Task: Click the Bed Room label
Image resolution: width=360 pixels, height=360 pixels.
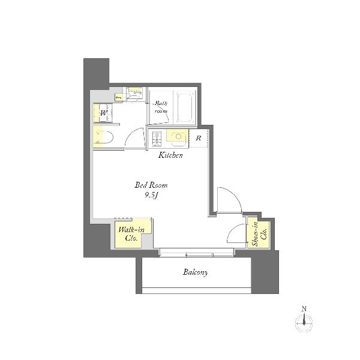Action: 151,185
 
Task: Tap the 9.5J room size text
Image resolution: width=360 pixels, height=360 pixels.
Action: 151,196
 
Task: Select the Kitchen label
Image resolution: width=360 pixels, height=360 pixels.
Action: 170,155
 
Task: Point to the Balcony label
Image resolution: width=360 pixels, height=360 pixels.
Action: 196,272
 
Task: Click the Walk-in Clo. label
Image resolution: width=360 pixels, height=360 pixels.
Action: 131,233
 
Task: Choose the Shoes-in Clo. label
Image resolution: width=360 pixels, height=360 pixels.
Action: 259,234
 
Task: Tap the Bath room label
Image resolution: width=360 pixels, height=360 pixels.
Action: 161,107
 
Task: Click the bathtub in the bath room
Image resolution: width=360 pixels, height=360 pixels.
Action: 185,107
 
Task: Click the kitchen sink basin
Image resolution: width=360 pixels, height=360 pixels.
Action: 179,137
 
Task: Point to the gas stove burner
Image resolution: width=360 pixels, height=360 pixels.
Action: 157,139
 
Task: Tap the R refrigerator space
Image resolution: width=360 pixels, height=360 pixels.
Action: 199,138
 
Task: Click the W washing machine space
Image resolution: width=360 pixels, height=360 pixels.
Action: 103,113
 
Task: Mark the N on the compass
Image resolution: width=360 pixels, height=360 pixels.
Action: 304,309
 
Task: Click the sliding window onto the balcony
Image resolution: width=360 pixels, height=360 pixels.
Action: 196,253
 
